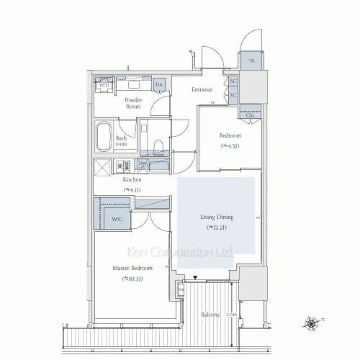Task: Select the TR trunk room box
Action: (x=251, y=61)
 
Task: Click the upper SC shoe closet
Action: (x=233, y=81)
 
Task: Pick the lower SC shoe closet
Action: (x=233, y=94)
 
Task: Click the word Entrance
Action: (x=202, y=90)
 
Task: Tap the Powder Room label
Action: (x=132, y=104)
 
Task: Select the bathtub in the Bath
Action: (x=103, y=138)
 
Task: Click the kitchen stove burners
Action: (x=125, y=166)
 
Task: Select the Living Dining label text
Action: (x=215, y=215)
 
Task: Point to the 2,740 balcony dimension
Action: (x=230, y=315)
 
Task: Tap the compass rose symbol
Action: (x=312, y=323)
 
